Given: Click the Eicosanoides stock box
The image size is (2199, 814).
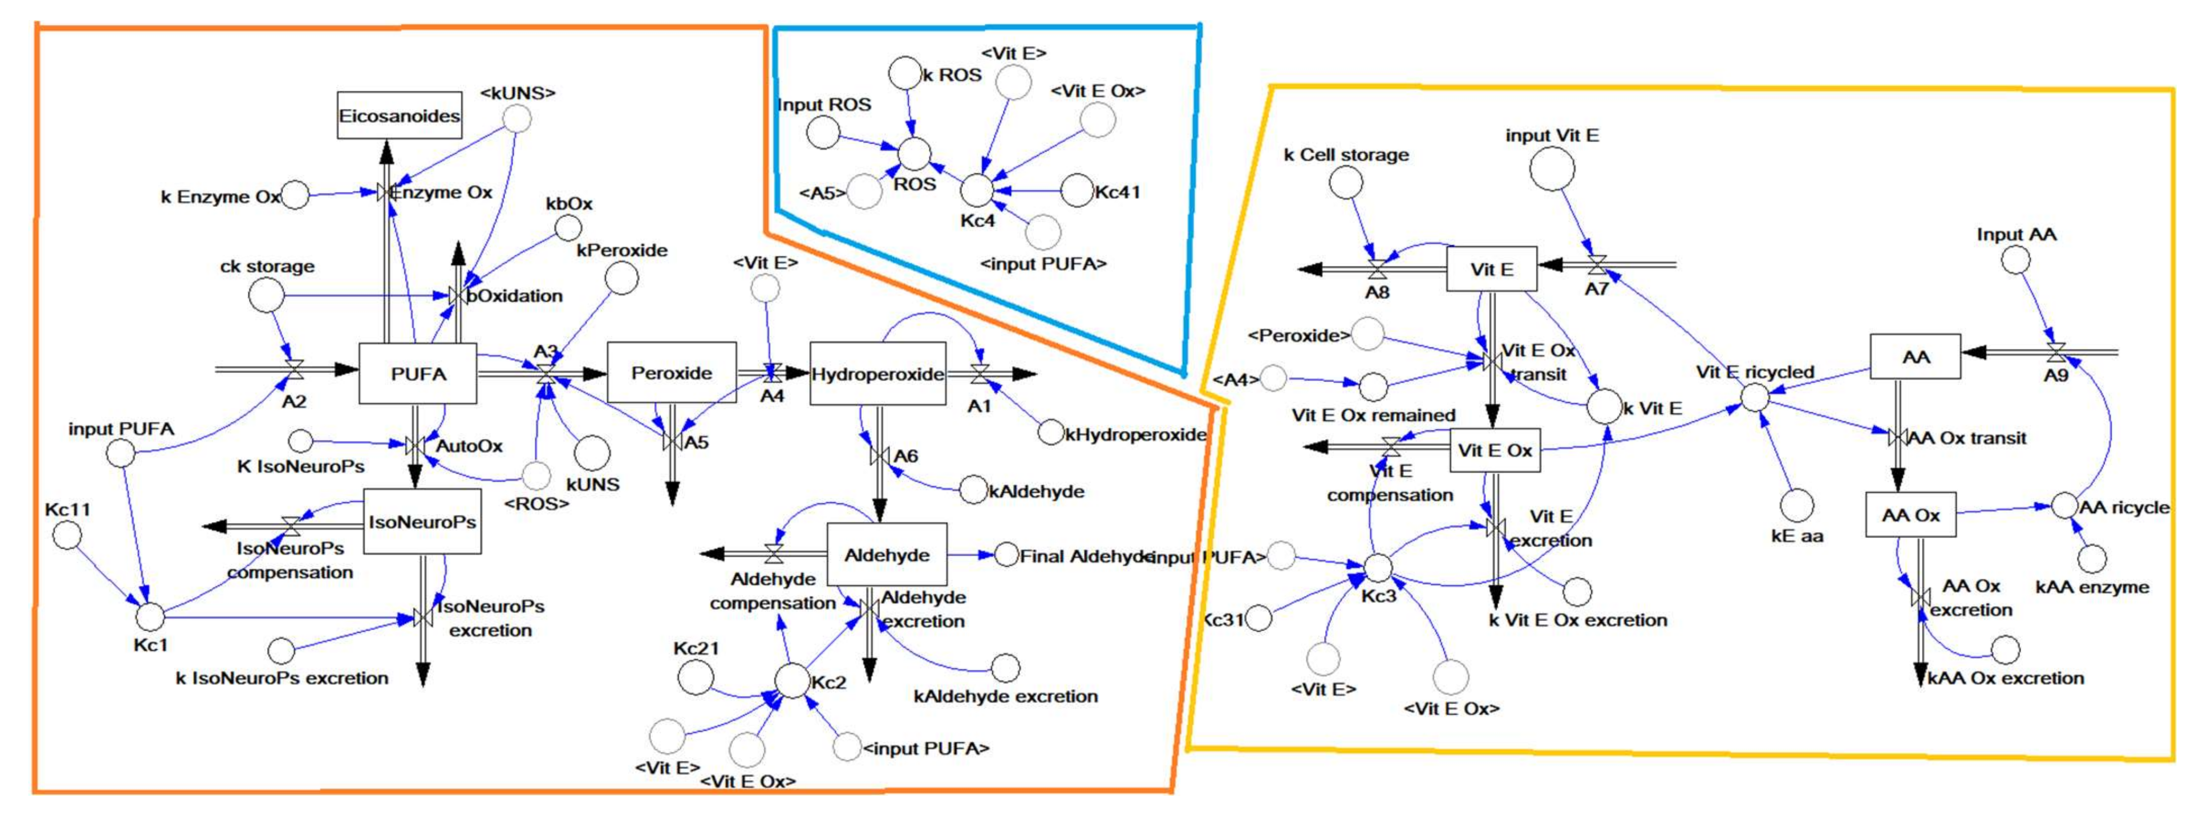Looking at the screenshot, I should [x=399, y=115].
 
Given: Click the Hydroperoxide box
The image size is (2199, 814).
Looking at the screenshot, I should [x=878, y=374].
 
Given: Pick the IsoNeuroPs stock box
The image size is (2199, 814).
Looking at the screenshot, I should [x=422, y=521].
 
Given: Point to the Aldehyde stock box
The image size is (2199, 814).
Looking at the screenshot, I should [x=887, y=555].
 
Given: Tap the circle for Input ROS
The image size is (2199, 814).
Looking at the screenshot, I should [x=824, y=132].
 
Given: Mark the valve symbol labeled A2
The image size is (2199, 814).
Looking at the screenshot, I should [x=294, y=370].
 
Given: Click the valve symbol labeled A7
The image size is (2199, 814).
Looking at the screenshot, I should [x=1597, y=265].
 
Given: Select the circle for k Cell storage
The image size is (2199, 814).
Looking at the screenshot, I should [x=1346, y=182].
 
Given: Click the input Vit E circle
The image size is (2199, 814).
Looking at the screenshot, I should [x=1552, y=169].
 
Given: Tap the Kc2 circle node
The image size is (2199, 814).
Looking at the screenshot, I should [x=792, y=680].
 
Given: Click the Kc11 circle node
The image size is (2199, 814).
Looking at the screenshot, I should [x=67, y=535].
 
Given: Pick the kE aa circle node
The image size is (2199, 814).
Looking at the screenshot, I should [x=1797, y=505].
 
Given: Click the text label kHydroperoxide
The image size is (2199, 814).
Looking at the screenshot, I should [x=1135, y=434].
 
